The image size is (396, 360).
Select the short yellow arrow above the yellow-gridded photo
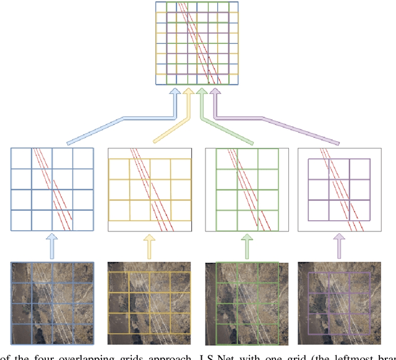tap(149, 246)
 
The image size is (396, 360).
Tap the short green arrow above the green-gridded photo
tap(247, 246)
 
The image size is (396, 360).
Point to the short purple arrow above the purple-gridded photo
tap(338, 246)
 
